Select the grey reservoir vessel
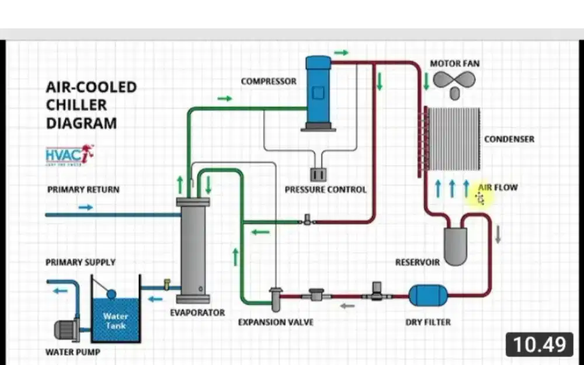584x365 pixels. point(456,245)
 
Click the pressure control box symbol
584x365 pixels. point(318,174)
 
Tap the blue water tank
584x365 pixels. point(116,320)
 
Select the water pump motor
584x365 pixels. point(66,330)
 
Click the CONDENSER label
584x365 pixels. point(509,139)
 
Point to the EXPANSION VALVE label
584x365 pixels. point(276,322)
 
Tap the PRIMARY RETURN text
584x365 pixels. point(83,190)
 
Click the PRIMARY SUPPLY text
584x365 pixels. point(81,262)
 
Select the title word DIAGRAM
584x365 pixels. point(81,123)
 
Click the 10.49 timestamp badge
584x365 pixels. point(540,345)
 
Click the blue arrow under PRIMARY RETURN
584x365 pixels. point(86,207)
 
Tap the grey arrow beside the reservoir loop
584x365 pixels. point(498,234)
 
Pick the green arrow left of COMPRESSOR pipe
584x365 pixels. point(225,99)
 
